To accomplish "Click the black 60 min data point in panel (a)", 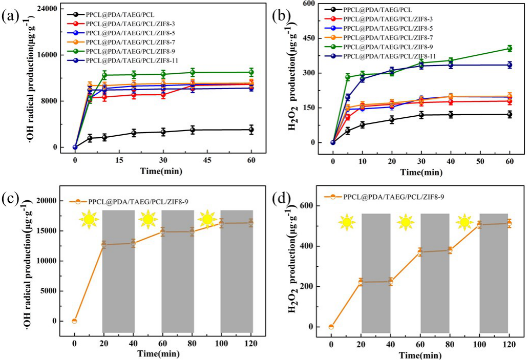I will coord(251,130).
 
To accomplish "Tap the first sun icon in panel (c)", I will coord(88,220).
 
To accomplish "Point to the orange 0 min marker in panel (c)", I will coord(74,321).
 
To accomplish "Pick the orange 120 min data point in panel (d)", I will coord(508,223).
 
